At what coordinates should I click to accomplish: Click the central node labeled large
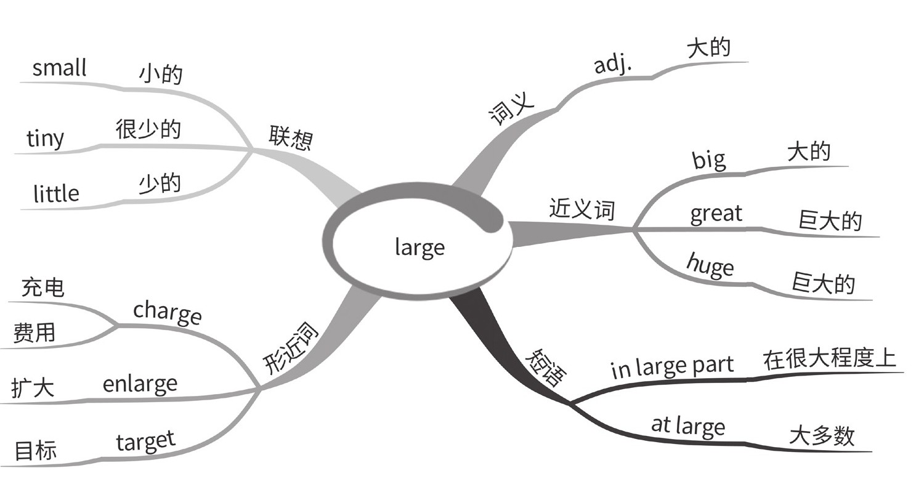click(419, 248)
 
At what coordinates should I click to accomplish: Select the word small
click(59, 68)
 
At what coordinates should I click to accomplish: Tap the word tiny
click(45, 139)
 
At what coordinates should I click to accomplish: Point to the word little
click(56, 194)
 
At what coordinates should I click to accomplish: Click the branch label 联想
click(290, 139)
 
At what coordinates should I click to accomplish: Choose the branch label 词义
click(511, 110)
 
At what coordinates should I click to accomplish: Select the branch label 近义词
click(582, 210)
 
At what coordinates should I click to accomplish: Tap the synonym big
click(709, 160)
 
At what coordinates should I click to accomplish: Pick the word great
click(716, 214)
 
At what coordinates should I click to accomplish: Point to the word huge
click(710, 267)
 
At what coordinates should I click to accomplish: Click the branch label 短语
click(545, 368)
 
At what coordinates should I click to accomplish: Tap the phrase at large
click(688, 425)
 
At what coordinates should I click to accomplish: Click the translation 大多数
click(822, 436)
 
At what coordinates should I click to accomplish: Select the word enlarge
click(140, 384)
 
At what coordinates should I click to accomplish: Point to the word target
click(145, 441)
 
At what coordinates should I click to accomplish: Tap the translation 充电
click(43, 287)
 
